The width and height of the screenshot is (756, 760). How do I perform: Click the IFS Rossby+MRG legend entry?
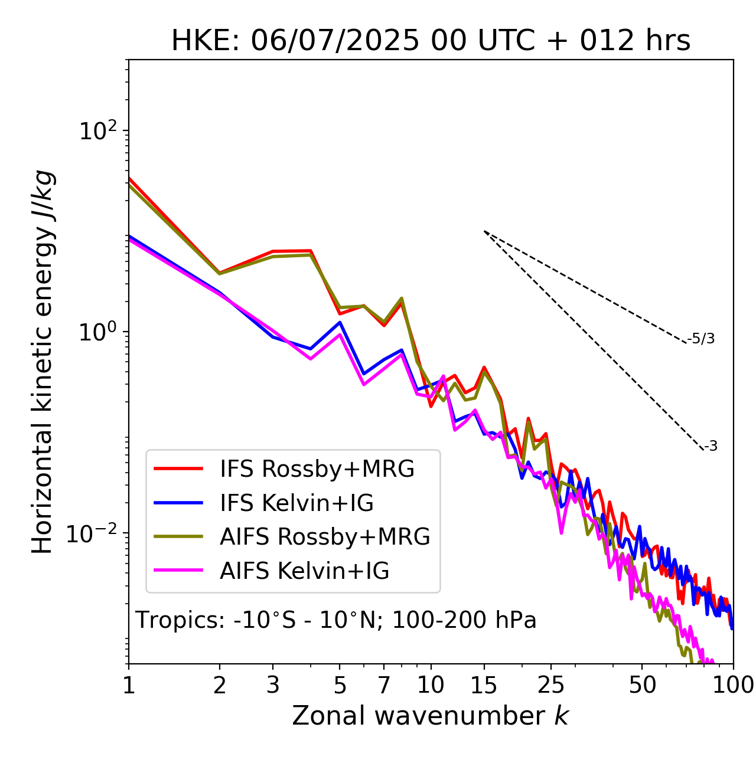pos(317,469)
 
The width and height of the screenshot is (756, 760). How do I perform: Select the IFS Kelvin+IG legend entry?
pos(296,503)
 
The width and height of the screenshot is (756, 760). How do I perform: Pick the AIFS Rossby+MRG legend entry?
pos(325,537)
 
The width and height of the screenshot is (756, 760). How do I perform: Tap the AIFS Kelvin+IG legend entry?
pos(304,571)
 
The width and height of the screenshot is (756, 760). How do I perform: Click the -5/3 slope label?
pos(701,339)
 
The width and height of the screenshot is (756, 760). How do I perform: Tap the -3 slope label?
pos(711,447)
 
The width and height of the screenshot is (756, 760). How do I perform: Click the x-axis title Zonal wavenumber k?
pos(431,716)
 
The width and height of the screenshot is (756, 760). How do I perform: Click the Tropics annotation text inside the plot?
pos(336,621)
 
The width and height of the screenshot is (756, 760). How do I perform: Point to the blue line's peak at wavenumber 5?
pos(340,322)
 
